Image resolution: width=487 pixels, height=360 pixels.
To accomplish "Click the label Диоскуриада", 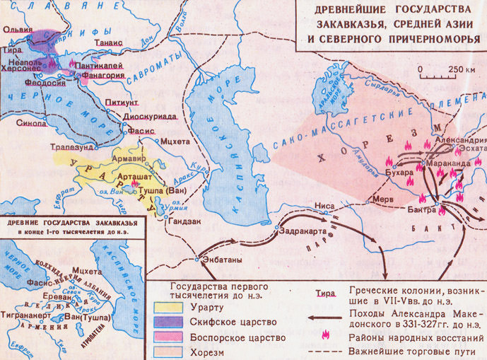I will point(149,118).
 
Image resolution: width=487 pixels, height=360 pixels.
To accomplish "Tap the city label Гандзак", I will point(183,220).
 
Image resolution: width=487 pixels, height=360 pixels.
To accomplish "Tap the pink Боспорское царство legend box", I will point(166,338).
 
